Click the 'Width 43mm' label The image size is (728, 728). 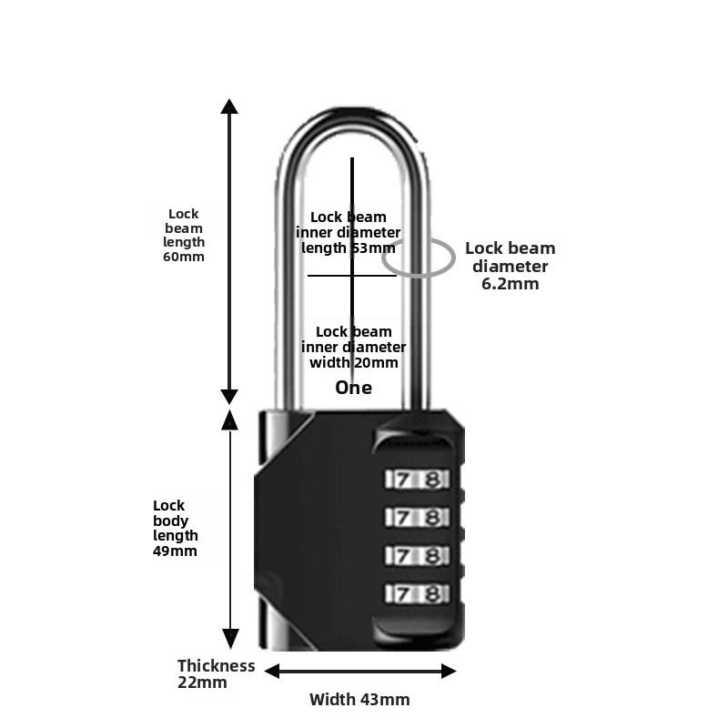click(359, 700)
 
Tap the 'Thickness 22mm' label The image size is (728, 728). click(216, 673)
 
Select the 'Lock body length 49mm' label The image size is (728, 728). click(175, 528)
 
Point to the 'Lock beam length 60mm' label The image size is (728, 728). click(184, 235)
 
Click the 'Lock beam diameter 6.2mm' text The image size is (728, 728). click(510, 266)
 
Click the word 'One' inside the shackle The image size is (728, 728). click(353, 388)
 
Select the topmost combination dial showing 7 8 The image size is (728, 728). click(417, 479)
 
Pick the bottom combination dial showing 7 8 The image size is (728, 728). click(417, 593)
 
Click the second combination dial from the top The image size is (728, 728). click(417, 517)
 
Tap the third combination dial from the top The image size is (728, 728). click(417, 555)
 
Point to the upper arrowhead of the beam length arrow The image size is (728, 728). click(229, 106)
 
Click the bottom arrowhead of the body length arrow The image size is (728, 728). click(230, 638)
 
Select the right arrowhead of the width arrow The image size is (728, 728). click(448, 671)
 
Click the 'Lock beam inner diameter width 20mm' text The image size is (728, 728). click(353, 347)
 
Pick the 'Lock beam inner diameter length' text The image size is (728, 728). click(348, 232)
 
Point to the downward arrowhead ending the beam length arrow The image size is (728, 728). click(229, 397)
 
